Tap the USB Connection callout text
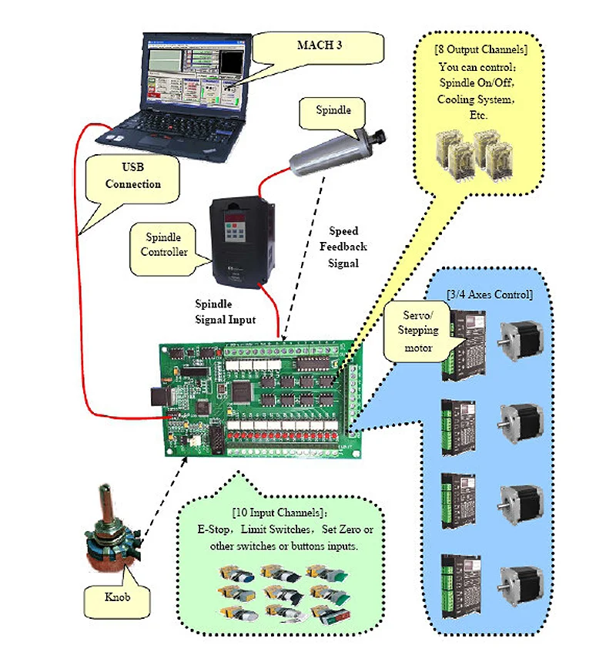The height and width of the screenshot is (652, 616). (x=132, y=174)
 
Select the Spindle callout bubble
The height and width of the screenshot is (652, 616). (x=333, y=110)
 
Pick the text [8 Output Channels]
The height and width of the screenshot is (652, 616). (x=481, y=49)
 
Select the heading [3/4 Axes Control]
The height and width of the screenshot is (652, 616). (x=490, y=294)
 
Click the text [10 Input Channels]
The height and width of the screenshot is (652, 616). (x=280, y=513)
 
